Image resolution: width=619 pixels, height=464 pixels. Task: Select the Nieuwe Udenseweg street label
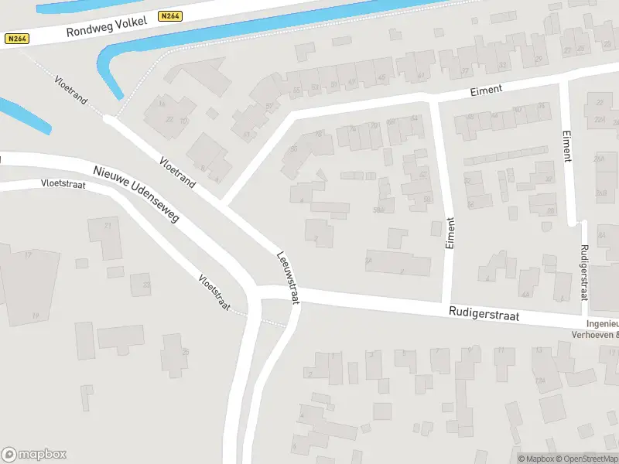click(136, 194)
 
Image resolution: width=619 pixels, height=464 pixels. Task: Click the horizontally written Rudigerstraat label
click(484, 315)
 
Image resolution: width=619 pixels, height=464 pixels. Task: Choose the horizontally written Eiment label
click(487, 90)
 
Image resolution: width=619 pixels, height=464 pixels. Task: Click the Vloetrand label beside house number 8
click(177, 172)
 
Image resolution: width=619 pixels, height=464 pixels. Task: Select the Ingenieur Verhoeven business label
click(600, 329)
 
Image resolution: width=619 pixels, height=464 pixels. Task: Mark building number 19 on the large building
click(35, 316)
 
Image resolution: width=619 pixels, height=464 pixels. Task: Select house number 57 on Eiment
click(269, 106)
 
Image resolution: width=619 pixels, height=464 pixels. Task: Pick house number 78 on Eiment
click(319, 134)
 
